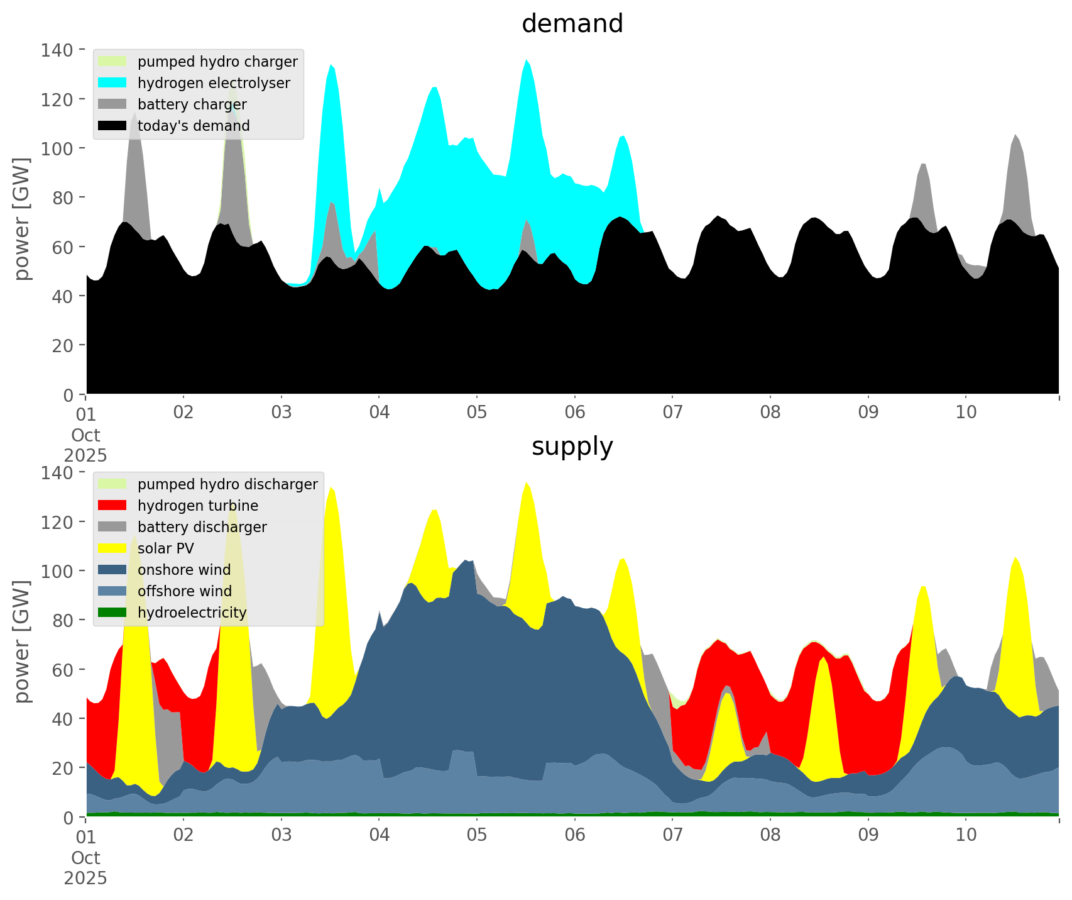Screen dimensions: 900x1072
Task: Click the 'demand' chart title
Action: tap(572, 24)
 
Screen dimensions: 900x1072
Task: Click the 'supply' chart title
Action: tap(572, 447)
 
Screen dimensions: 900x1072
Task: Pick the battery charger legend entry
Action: tap(192, 104)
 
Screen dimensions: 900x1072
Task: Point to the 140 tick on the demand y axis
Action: tap(57, 50)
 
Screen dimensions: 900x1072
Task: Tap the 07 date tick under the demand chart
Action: tap(672, 413)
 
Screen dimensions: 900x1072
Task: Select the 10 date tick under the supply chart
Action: tap(966, 836)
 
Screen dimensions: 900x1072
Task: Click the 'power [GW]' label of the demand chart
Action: tap(22, 219)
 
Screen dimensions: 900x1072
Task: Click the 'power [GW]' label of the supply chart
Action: tap(22, 642)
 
